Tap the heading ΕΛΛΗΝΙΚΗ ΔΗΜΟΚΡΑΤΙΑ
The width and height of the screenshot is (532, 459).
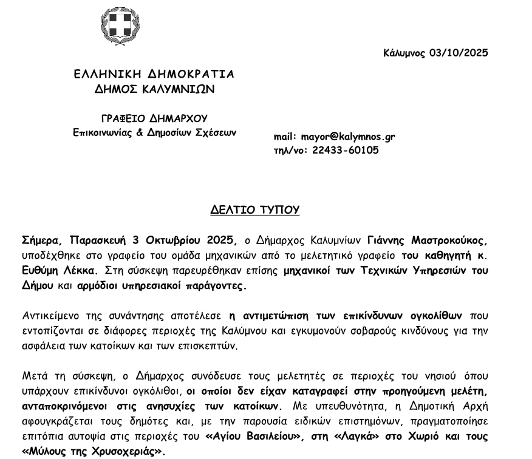(154, 74)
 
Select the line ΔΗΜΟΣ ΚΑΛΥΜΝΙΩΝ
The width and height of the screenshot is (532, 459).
(154, 89)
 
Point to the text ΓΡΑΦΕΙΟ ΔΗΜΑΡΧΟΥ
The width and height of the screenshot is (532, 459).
(154, 118)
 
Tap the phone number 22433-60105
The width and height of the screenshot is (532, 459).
(346, 150)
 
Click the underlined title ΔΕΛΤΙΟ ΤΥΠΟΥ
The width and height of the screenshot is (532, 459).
(255, 210)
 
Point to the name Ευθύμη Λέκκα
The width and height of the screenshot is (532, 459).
(52, 270)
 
